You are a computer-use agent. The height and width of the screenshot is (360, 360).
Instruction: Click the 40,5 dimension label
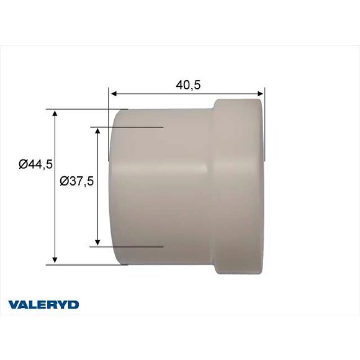(x=188, y=85)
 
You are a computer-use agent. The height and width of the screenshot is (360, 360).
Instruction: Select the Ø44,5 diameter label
(x=36, y=164)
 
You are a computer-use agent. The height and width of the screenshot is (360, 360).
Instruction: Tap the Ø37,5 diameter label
(x=77, y=181)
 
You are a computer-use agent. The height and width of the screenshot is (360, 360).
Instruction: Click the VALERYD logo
(x=43, y=305)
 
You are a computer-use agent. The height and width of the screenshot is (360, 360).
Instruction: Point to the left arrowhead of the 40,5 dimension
(x=114, y=94)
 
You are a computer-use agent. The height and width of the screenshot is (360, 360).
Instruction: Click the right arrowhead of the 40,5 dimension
(x=260, y=94)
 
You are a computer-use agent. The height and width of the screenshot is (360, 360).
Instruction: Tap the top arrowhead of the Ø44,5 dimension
(x=55, y=113)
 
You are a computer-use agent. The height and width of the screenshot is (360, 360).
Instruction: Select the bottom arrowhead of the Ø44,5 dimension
(x=55, y=259)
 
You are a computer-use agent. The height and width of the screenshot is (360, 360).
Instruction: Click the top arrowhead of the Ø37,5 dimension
(x=97, y=132)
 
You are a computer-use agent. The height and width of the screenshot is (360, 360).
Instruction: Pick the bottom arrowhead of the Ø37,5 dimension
(x=97, y=242)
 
